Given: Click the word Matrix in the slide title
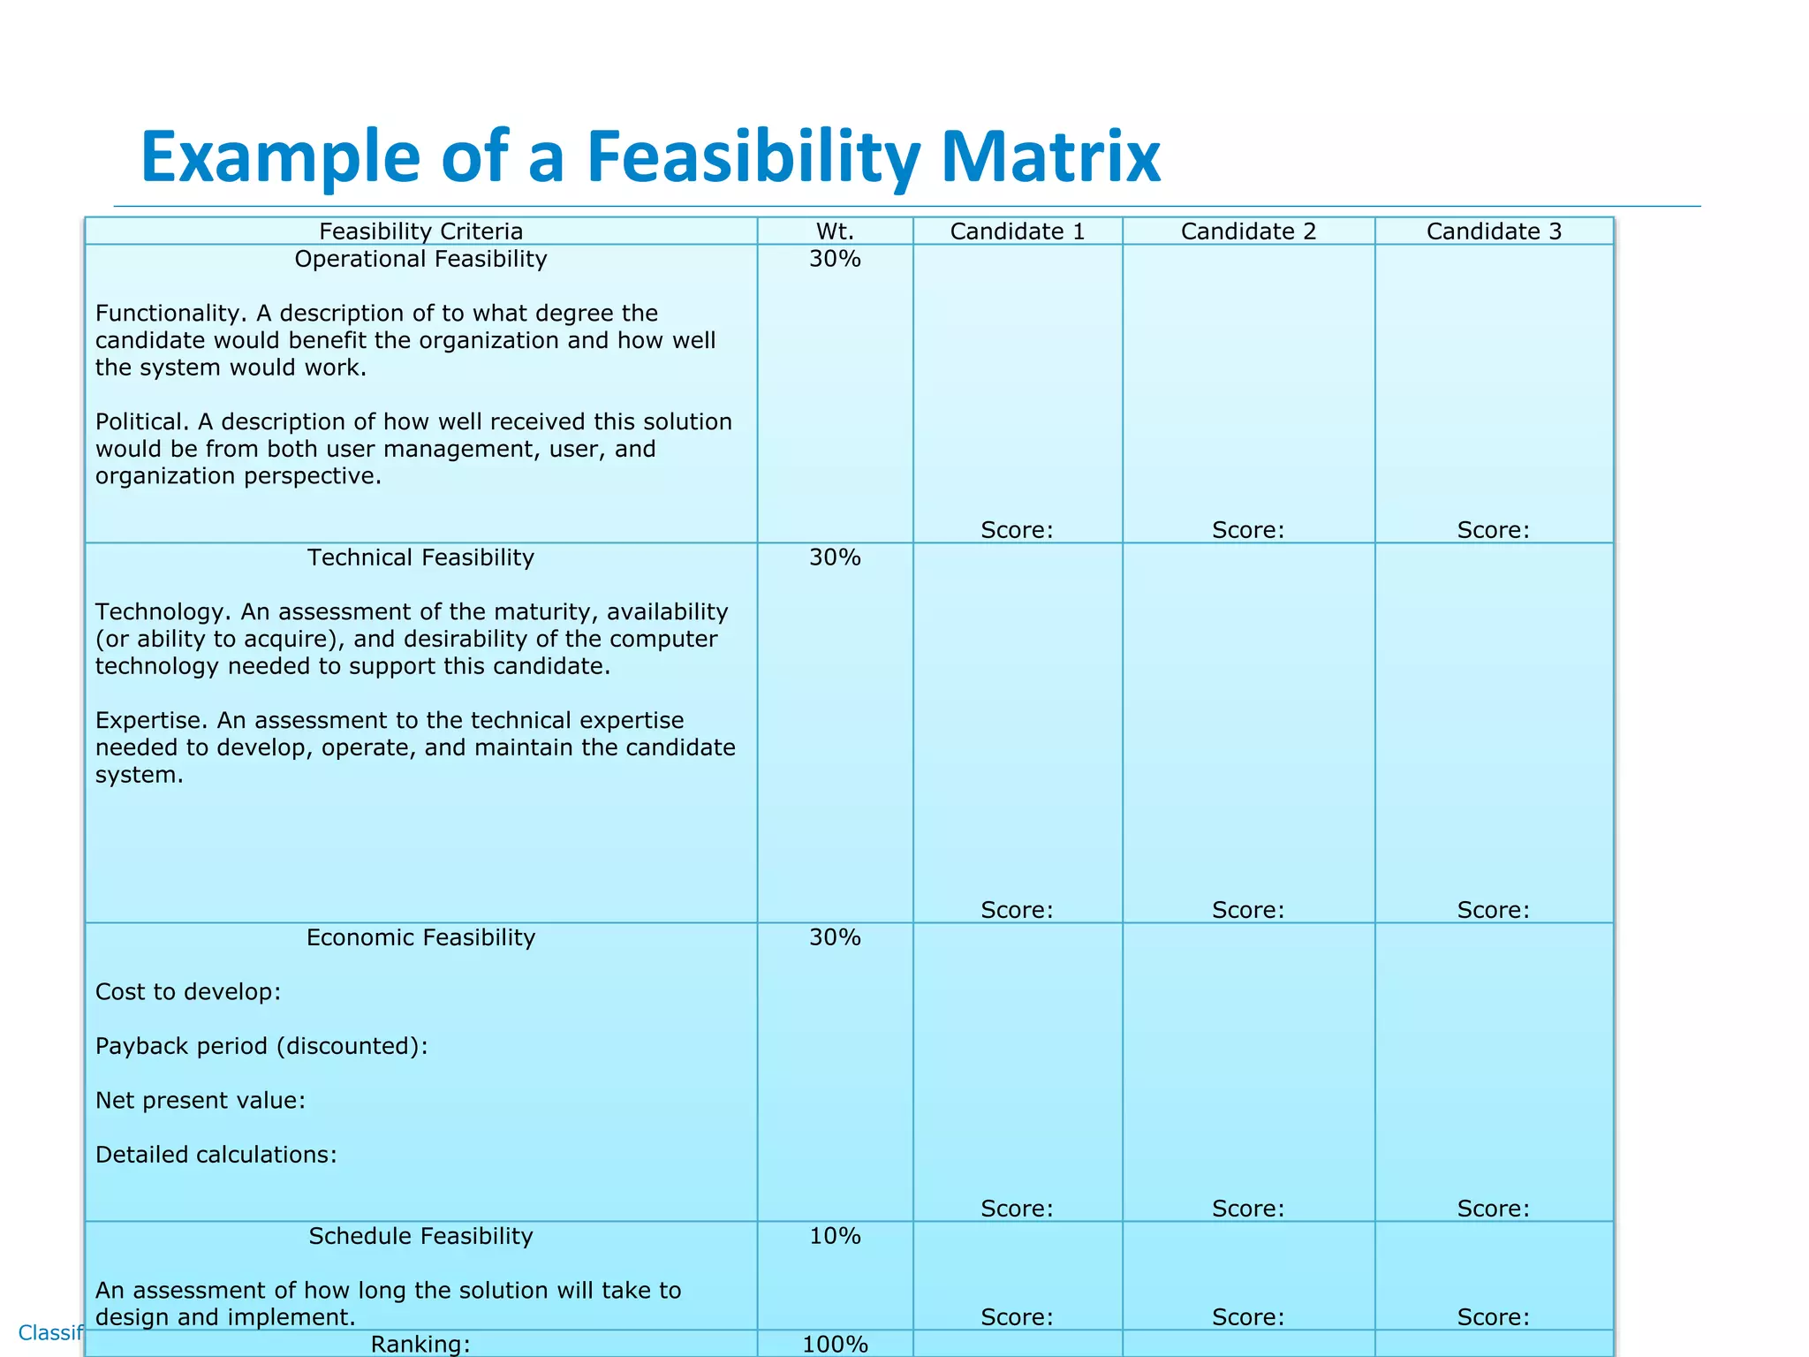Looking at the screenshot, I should point(1050,157).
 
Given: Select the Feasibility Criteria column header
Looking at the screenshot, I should point(420,231).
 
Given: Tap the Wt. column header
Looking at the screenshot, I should point(835,231).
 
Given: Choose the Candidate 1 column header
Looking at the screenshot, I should point(1017,231).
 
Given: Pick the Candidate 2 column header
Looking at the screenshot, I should point(1248,231).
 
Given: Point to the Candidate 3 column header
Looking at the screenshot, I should point(1494,231).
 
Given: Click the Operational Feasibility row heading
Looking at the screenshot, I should point(420,259).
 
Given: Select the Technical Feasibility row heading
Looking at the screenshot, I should point(420,557).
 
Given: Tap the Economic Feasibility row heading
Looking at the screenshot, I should point(420,937).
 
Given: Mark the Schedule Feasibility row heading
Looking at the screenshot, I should point(420,1236).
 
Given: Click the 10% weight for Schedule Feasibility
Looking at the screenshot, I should point(835,1236).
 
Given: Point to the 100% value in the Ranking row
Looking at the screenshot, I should point(835,1345).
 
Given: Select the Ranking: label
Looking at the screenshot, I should point(420,1345).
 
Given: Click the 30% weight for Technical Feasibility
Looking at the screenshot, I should point(835,557).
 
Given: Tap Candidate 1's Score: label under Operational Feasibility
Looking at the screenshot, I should point(1017,530).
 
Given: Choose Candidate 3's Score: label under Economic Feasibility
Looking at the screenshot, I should point(1493,1209).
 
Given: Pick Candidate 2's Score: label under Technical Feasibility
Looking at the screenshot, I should point(1248,910).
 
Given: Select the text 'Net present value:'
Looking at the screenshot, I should point(201,1101).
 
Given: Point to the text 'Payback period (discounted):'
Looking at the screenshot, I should point(261,1046).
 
